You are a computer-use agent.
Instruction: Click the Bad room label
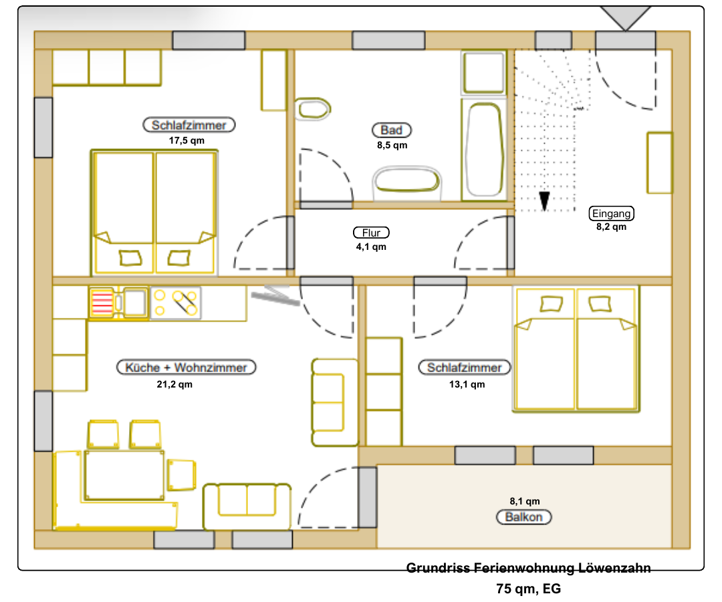coord(391,130)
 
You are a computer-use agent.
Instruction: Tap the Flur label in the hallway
coord(371,233)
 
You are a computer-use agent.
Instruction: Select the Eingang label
coord(612,214)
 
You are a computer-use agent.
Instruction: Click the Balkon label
coord(523,517)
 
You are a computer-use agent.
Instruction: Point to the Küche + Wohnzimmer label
coord(186,367)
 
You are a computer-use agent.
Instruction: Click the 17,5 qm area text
coord(187,140)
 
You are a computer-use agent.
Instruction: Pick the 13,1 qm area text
coord(467,384)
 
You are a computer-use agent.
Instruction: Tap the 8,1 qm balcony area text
coord(525,500)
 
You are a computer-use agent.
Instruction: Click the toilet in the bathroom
coord(312,109)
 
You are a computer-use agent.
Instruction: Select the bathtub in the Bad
coord(483,150)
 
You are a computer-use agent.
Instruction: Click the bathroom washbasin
coord(407,181)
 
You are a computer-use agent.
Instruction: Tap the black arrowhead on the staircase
coord(544,200)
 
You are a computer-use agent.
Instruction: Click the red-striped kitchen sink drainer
coord(102,303)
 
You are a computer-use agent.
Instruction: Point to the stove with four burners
coord(176,303)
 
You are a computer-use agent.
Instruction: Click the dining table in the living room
coord(124,475)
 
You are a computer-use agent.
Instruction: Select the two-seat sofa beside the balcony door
coord(247,505)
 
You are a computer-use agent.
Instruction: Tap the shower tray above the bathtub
coord(484,73)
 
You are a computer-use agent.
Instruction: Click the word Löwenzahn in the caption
coord(614,568)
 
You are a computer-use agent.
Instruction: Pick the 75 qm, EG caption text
coord(529,589)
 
